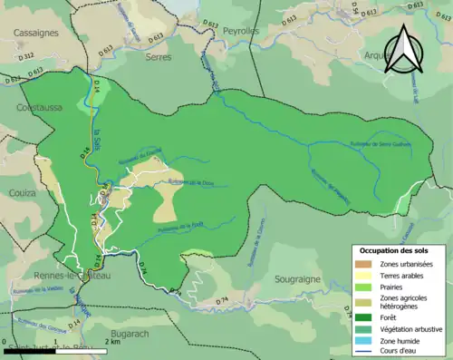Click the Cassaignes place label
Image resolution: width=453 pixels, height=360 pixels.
(35, 32)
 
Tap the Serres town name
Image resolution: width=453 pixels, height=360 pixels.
(158, 56)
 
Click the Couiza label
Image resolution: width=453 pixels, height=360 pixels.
(21, 193)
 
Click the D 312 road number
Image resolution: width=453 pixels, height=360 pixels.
(24, 56)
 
